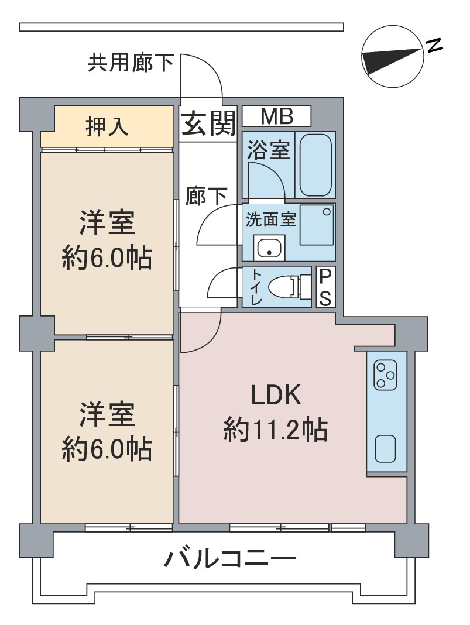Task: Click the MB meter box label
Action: [276, 116]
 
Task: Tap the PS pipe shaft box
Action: [326, 287]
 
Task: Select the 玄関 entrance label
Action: [208, 123]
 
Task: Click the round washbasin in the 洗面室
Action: [269, 248]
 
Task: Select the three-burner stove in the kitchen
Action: [385, 375]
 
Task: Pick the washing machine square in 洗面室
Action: [317, 225]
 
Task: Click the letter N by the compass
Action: [434, 45]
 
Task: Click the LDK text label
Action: [276, 396]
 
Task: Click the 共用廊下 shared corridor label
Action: [131, 63]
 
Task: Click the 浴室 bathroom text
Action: [268, 150]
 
